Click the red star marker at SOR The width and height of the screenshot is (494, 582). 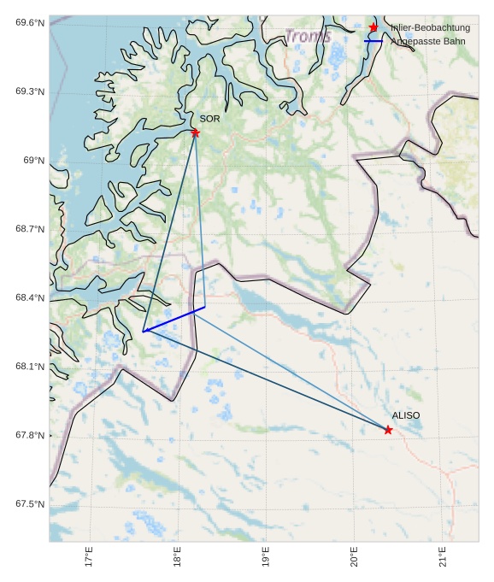195,132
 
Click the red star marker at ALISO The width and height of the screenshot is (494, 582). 388,430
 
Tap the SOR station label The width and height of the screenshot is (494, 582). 209,119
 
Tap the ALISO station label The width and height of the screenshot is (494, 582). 406,415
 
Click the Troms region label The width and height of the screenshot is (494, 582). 308,37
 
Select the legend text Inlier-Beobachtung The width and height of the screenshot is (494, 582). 430,28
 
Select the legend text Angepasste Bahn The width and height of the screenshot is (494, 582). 427,41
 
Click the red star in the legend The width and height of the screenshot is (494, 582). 373,27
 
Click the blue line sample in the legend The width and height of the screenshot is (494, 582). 373,41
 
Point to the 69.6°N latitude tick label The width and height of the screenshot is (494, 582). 30,22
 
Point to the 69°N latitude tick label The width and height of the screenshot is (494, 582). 33,161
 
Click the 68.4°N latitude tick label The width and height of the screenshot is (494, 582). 30,298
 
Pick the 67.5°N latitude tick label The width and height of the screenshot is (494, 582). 30,504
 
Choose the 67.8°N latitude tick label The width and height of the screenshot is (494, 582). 30,436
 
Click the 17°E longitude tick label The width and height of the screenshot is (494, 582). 90,557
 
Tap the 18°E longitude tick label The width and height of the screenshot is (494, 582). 178,557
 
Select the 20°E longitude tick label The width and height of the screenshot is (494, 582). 355,557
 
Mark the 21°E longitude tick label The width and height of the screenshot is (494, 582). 443,557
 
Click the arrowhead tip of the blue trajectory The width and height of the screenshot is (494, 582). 144,331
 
